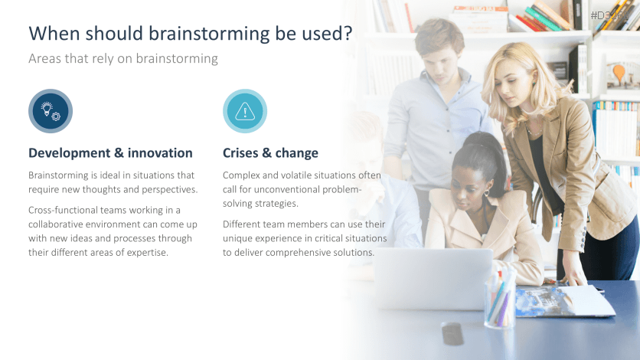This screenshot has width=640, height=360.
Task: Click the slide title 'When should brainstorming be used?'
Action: pos(190,33)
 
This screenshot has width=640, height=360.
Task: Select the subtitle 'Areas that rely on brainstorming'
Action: pos(122,59)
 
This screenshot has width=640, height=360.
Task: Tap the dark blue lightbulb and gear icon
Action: pos(51,111)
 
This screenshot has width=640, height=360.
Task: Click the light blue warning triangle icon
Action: pos(245,111)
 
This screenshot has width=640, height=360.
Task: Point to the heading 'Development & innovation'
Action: pos(110,152)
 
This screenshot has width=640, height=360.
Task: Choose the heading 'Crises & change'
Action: pos(270,152)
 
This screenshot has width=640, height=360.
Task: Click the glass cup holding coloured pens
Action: pos(499,300)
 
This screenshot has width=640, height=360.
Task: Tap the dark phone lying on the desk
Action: pos(452,333)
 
